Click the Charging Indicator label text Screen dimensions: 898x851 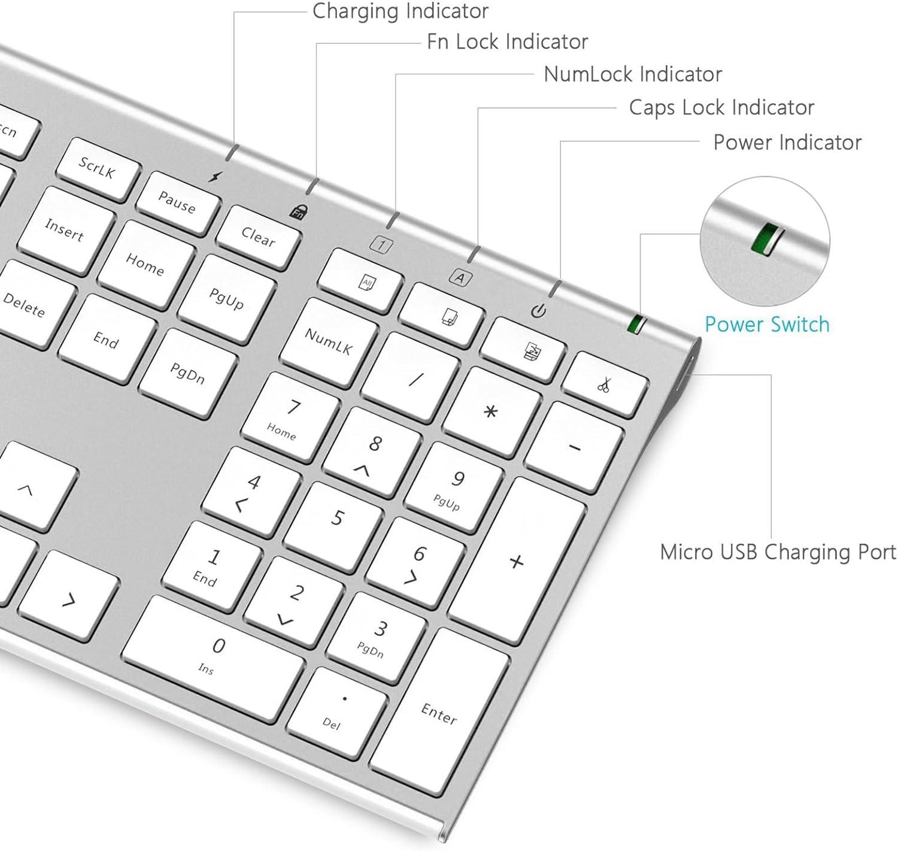400,11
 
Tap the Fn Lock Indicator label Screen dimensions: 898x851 507,41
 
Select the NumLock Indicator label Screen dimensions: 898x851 633,74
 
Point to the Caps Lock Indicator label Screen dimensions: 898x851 721,107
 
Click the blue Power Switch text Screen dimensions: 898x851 767,325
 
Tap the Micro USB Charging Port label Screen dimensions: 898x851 778,552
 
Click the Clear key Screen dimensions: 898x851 259,237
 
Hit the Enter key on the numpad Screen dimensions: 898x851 439,712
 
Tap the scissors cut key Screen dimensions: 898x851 604,385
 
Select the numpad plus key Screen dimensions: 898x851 516,561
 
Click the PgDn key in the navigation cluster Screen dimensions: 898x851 188,373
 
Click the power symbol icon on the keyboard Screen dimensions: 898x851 539,311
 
